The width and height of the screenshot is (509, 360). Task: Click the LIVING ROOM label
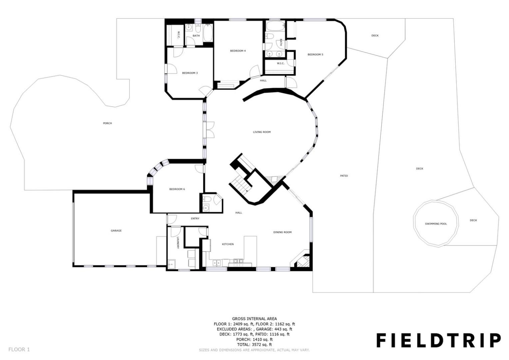[262, 132]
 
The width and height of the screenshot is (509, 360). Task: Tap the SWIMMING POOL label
[436, 224]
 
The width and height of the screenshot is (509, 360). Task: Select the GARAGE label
[116, 231]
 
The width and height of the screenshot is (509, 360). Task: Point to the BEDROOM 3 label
[190, 73]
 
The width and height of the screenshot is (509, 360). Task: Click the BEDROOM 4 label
[238, 51]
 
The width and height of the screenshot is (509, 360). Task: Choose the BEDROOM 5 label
[315, 55]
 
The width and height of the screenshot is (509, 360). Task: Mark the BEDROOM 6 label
[177, 189]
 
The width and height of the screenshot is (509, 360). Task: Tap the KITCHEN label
[228, 244]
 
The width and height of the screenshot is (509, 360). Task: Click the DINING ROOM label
[282, 232]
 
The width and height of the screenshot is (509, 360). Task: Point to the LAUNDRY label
[178, 243]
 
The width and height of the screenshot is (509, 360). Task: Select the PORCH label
[108, 123]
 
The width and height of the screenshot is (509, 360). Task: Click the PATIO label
[344, 176]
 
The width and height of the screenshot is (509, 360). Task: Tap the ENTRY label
[195, 219]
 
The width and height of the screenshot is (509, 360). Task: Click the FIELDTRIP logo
[439, 340]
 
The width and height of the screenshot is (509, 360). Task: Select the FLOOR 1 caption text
[19, 350]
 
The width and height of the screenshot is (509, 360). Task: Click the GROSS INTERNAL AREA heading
[254, 319]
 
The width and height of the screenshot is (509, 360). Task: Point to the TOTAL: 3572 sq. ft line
[254, 345]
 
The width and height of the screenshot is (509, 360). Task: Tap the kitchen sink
[216, 263]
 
